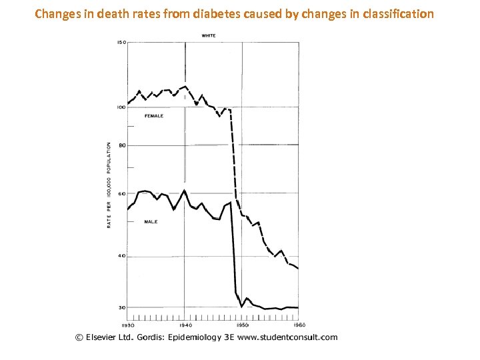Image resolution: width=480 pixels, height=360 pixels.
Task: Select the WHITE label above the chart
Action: pos(208,35)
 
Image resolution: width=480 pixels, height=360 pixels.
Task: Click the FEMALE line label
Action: pos(154,116)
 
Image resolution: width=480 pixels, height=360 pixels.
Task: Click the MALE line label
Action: pos(151,221)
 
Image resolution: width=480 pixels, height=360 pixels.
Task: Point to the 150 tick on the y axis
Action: pos(121,42)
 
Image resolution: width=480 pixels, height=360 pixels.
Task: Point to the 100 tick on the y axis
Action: pos(121,107)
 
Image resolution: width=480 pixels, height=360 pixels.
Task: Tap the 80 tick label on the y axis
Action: pos(122,145)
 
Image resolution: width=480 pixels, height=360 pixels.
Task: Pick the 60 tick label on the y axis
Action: pos(122,194)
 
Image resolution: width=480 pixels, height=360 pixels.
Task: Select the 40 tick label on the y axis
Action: pos(122,256)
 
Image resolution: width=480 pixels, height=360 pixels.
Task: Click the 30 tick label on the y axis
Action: pos(122,307)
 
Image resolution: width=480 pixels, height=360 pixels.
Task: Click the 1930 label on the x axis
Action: pos(128,325)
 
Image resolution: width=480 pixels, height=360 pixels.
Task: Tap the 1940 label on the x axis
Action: pos(185,325)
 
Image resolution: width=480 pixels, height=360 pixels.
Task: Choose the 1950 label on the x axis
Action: pos(242,325)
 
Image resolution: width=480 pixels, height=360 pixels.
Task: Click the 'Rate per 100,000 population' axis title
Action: pos(109,185)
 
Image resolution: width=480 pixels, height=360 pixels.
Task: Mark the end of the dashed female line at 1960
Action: pos(298,268)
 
